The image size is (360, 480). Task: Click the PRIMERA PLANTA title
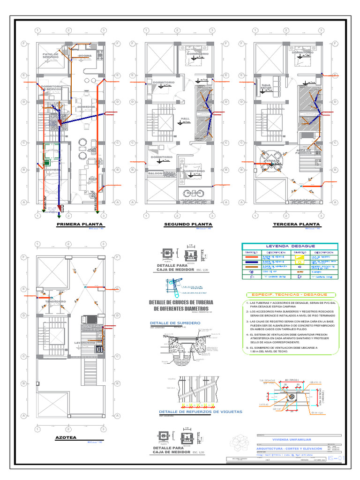pyautogui.click(x=80, y=225)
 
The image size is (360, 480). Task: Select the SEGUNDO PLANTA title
pyautogui.click(x=188, y=225)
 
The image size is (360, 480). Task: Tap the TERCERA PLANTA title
pyautogui.click(x=296, y=225)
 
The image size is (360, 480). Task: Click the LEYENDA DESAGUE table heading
pyautogui.click(x=290, y=246)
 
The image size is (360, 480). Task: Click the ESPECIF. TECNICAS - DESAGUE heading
pyautogui.click(x=290, y=294)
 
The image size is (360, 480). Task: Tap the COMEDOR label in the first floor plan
pyautogui.click(x=86, y=107)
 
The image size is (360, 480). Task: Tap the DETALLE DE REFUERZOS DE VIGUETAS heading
pyautogui.click(x=201, y=411)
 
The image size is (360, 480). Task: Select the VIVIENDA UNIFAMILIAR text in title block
pyautogui.click(x=291, y=439)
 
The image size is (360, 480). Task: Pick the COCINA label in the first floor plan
pyautogui.click(x=85, y=56)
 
